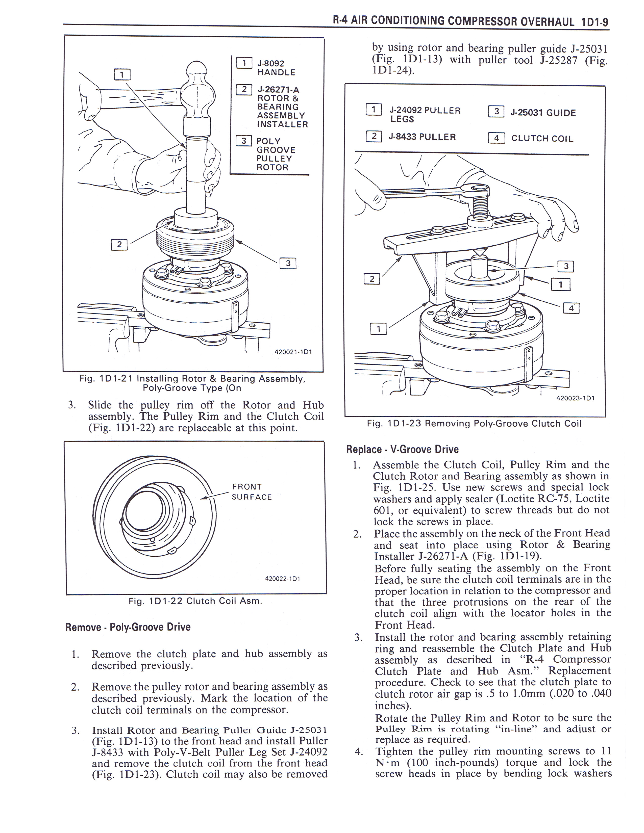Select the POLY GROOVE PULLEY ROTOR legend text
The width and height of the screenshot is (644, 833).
(x=275, y=154)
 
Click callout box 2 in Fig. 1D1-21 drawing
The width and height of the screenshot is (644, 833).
(x=119, y=244)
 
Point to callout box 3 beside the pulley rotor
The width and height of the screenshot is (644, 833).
(x=288, y=263)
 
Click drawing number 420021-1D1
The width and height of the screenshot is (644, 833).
(x=293, y=352)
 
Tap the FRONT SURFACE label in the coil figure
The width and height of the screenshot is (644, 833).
(x=252, y=492)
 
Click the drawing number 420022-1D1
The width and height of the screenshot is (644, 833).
(x=283, y=579)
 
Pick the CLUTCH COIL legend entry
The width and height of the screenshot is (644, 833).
(x=542, y=138)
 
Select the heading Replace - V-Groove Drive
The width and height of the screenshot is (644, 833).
(x=402, y=449)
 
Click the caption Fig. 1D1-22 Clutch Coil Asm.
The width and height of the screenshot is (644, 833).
(x=195, y=601)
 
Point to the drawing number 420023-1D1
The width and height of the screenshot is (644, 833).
(x=575, y=398)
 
